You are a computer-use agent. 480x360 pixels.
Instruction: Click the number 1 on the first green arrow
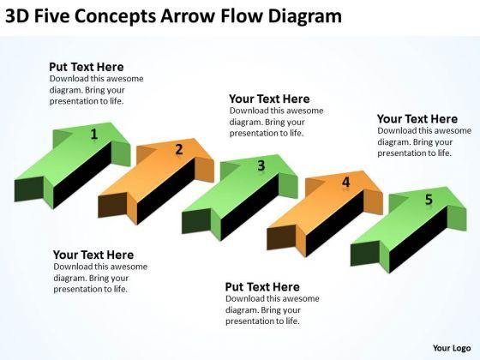click(94, 134)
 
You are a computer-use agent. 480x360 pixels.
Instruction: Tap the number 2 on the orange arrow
click(179, 149)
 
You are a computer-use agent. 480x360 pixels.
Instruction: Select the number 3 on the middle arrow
click(261, 165)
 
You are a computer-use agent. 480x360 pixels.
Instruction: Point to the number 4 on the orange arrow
click(345, 182)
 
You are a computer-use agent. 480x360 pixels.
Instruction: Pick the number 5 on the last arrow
click(429, 199)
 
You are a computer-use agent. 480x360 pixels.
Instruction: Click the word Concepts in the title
click(115, 16)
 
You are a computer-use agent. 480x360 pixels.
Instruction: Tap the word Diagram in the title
click(305, 17)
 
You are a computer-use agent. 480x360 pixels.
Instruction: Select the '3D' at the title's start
click(17, 16)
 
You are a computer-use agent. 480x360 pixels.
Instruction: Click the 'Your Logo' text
click(452, 348)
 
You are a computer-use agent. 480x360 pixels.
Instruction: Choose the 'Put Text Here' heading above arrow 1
click(87, 67)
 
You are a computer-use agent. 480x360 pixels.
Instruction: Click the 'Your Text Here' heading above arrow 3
click(269, 99)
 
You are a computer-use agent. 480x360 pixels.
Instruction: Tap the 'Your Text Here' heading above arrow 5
click(417, 118)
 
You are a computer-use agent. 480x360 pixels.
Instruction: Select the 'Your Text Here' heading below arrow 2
click(93, 255)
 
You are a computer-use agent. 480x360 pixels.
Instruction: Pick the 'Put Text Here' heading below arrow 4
click(262, 286)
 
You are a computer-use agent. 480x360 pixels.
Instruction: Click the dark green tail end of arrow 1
click(29, 189)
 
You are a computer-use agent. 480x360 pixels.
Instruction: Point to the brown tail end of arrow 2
click(112, 205)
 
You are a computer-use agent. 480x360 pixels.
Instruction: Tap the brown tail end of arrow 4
click(281, 237)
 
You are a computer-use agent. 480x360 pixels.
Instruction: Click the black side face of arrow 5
click(418, 239)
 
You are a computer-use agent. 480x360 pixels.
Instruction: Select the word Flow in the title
click(241, 16)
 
